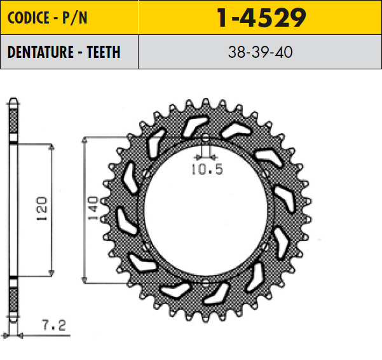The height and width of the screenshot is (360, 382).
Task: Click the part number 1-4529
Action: [x=261, y=18]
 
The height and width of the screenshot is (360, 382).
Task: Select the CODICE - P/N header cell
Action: [x=69, y=17]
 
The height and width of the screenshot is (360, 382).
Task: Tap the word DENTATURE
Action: [x=41, y=52]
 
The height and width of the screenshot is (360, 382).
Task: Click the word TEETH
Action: [x=104, y=52]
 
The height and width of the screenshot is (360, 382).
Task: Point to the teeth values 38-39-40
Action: [x=260, y=52]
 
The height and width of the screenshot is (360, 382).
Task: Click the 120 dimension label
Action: [x=42, y=209]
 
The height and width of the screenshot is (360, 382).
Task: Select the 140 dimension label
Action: [x=93, y=208]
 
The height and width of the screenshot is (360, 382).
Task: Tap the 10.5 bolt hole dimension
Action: [x=207, y=169]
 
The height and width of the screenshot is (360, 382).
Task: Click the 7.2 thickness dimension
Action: [x=54, y=325]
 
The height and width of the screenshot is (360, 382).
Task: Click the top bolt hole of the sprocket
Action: [x=205, y=138]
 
